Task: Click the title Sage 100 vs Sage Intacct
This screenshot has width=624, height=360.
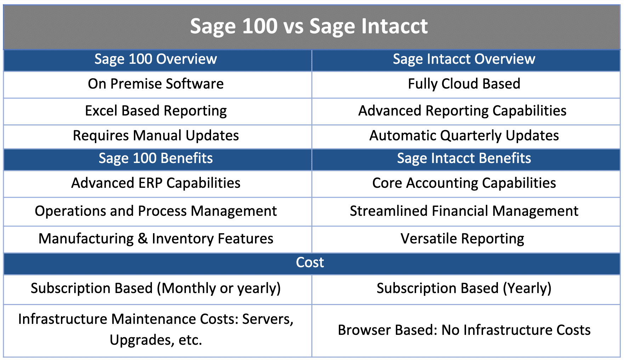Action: tap(309, 26)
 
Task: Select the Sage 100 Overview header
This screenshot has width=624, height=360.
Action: tap(156, 59)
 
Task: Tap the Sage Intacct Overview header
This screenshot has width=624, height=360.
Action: tap(464, 59)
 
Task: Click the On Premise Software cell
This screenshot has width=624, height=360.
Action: tap(156, 84)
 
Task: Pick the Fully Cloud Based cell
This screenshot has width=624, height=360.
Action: tap(464, 84)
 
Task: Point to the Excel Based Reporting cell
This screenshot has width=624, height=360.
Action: tap(156, 111)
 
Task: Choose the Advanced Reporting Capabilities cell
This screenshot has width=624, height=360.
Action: tap(462, 111)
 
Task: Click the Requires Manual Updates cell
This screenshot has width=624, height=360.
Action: tap(156, 136)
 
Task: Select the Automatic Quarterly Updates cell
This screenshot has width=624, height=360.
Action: tap(464, 136)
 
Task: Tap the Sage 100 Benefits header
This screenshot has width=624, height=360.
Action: tap(156, 158)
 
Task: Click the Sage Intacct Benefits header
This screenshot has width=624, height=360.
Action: tap(464, 158)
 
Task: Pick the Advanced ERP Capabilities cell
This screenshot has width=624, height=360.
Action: tap(156, 183)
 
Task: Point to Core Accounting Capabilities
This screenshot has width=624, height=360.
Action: tap(464, 183)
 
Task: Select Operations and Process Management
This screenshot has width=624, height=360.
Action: tap(156, 211)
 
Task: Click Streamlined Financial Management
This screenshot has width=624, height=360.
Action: tap(464, 211)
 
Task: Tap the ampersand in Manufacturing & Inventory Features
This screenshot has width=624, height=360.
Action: tap(143, 239)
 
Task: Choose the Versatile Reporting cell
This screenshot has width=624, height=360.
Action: tap(462, 239)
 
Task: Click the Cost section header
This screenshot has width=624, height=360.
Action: tap(310, 263)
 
